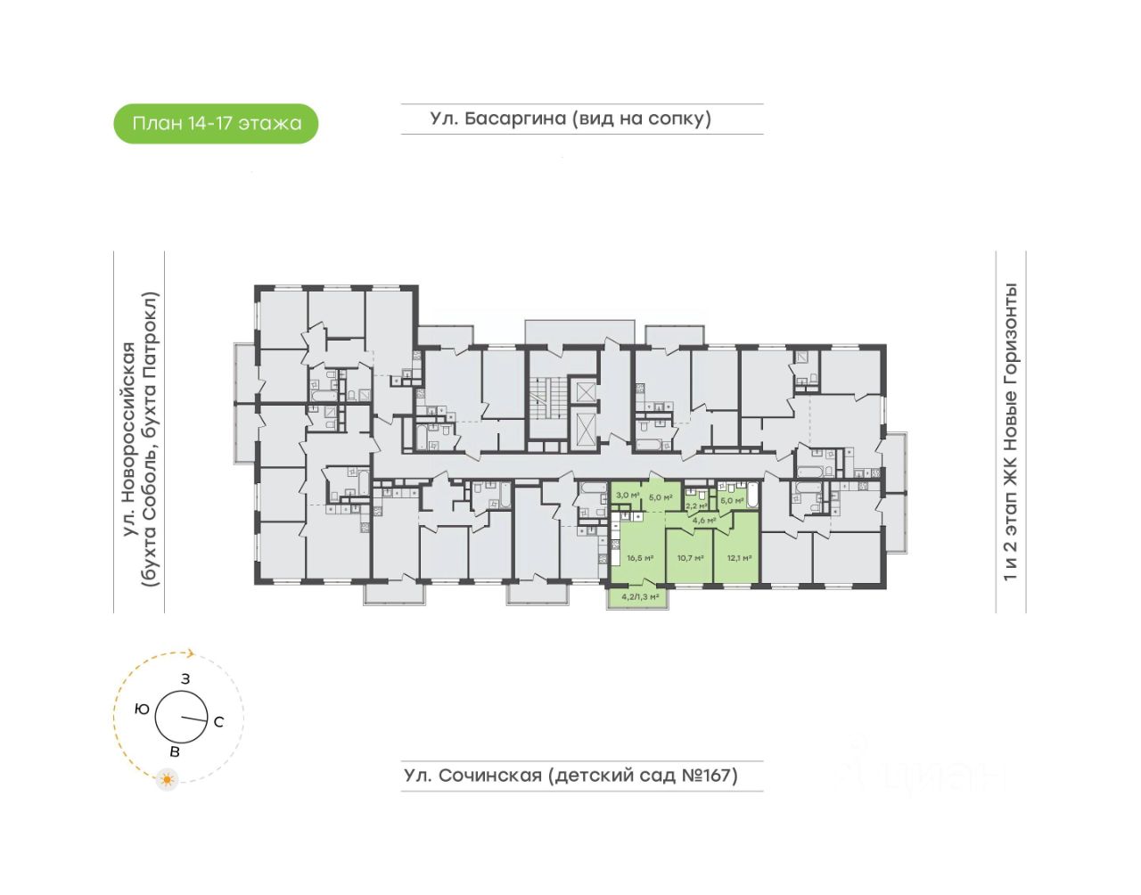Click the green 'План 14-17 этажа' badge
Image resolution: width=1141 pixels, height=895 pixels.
(216, 124)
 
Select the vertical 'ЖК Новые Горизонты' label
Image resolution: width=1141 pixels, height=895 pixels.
(1010, 432)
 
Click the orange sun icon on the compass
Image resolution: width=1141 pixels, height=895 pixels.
(166, 780)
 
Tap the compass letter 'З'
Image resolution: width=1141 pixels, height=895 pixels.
(185, 679)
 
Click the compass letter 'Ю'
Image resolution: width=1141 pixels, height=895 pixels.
(141, 710)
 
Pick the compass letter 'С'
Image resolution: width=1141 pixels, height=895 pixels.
(218, 722)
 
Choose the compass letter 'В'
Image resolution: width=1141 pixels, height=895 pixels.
(175, 752)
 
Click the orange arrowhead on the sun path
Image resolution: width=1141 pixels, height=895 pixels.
(190, 653)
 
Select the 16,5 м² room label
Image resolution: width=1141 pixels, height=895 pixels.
(640, 558)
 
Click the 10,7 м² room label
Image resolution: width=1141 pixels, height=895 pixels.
(690, 558)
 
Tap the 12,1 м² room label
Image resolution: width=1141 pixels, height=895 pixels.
(739, 558)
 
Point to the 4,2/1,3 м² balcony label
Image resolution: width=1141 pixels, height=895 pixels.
(640, 596)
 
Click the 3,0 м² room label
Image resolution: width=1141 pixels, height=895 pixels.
(628, 495)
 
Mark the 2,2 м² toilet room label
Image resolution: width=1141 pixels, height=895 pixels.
(696, 505)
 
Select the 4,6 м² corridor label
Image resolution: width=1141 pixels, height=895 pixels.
(704, 521)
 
